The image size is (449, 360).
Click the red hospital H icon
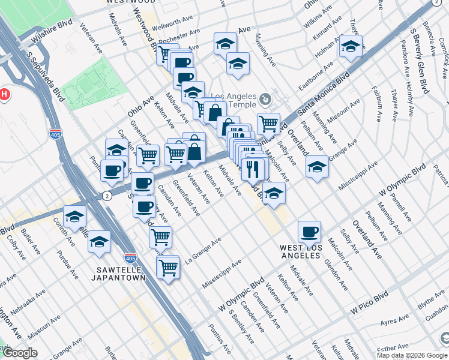(x=5, y=94)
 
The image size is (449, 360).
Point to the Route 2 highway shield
(x=106, y=196)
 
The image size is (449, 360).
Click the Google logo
(x=20, y=353)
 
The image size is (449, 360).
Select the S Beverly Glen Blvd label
(x=418, y=60)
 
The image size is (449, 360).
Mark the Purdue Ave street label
(x=68, y=266)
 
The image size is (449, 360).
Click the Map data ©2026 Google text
(x=411, y=355)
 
